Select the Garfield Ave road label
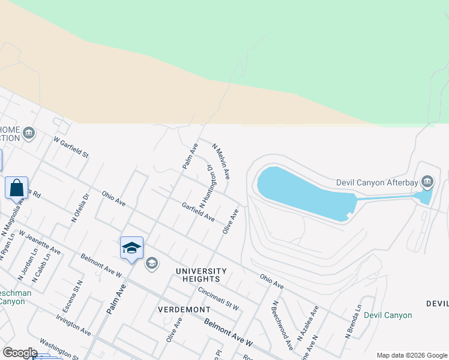point(198,212)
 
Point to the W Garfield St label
point(71,148)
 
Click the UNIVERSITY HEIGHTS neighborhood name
point(201,275)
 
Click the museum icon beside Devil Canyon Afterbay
point(427,181)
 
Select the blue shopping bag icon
point(17,187)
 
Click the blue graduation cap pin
point(131,248)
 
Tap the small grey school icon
point(152,263)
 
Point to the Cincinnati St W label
point(218,298)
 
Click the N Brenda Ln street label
point(354,322)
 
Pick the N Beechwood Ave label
point(282,325)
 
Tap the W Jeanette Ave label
point(40,241)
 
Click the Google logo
point(20,352)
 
